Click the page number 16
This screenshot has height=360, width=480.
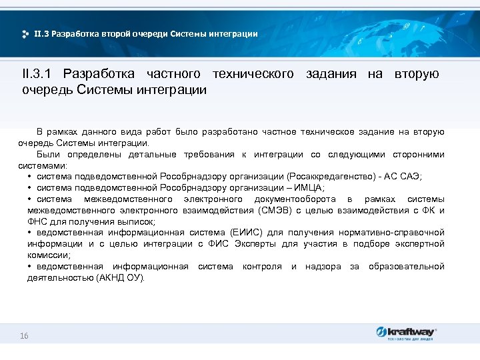coord(24,336)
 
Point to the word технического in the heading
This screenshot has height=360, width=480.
coord(253,74)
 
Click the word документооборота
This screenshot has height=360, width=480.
coord(295,199)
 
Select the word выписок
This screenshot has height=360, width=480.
coord(137,221)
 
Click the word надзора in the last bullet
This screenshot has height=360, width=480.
coord(323,267)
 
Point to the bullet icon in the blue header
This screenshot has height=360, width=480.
coord(25,33)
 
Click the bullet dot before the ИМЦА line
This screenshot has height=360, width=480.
coord(31,187)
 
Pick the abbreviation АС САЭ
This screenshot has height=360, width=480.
coord(407,176)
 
